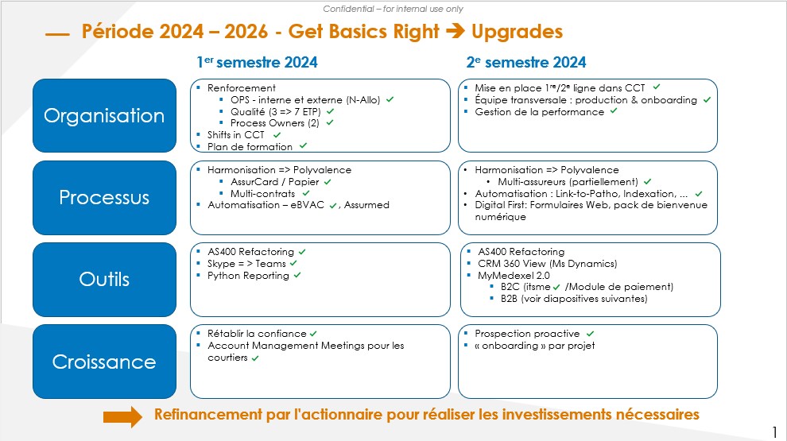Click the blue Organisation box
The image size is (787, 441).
104,115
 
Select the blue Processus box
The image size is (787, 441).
104,198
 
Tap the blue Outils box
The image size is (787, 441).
104,280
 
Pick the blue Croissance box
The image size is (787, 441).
104,362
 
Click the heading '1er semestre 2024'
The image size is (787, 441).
257,62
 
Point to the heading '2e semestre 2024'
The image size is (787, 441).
526,62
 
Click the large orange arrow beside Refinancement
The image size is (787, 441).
123,417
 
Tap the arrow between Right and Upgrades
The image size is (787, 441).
456,31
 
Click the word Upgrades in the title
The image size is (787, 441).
517,32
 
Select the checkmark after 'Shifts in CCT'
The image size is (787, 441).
277,135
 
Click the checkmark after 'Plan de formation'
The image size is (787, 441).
303,146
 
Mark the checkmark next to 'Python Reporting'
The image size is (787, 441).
297,276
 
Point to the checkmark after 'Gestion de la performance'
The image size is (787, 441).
614,111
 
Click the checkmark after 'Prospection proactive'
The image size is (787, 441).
590,334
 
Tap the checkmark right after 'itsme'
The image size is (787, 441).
556,288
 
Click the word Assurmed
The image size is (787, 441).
367,205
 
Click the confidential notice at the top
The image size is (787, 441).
393,9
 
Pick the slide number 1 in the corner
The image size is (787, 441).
775,432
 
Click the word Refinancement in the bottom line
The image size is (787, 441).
207,415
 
